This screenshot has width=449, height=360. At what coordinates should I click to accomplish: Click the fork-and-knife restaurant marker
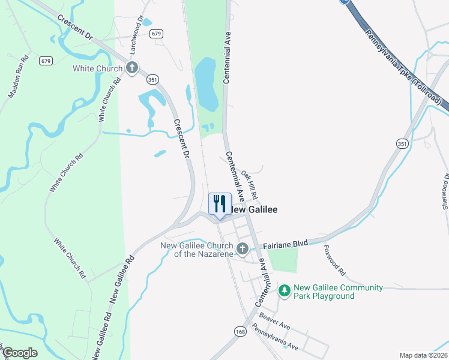[x=219, y=202]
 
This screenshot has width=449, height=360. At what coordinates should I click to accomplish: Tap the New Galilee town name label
[x=255, y=209]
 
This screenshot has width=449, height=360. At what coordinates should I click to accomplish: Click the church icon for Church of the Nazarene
[x=243, y=248]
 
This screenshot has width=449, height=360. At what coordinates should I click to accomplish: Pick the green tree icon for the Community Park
[x=285, y=292]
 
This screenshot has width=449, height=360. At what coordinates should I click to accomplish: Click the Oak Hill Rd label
[x=250, y=185]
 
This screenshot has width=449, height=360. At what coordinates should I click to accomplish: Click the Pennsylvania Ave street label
[x=275, y=337]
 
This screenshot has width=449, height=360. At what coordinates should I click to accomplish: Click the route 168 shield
[x=241, y=331]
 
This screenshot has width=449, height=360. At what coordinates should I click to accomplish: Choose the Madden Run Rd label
[x=19, y=77]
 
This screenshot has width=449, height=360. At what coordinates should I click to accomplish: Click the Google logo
[x=19, y=352]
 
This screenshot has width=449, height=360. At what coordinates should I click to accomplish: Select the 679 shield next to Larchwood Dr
[x=157, y=34]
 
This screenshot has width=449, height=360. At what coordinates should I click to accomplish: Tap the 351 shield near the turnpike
[x=402, y=143]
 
